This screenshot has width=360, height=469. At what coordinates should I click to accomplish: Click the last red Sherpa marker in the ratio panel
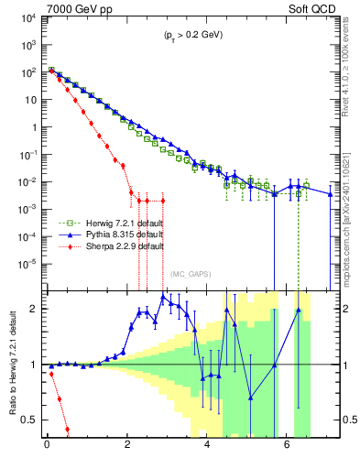pyautogui.click(x=67, y=429)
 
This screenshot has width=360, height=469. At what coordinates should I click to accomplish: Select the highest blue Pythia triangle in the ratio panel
pyautogui.click(x=163, y=297)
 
